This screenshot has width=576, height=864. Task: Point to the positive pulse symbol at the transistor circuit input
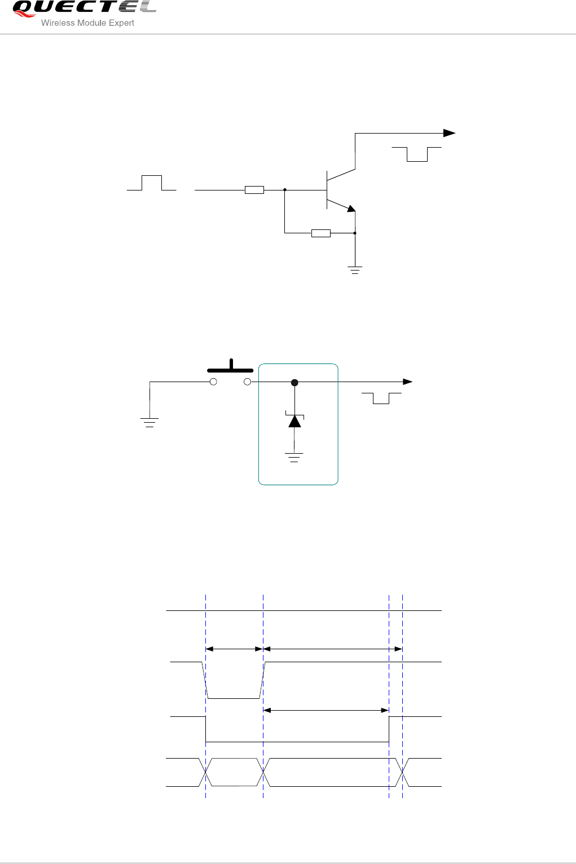[x=151, y=183]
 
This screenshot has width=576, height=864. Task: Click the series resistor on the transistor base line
[x=254, y=190]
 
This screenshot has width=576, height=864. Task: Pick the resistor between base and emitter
[x=320, y=233]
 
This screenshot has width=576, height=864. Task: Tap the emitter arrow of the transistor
[x=351, y=209]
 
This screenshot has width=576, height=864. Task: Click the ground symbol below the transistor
[x=355, y=270]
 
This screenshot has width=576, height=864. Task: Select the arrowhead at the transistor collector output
[x=449, y=133]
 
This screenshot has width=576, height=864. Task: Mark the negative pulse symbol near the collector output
[x=416, y=154]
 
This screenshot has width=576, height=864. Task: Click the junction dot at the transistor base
[x=285, y=190]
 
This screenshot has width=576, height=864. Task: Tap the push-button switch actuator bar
[x=230, y=370]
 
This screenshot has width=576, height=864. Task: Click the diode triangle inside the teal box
[x=294, y=421]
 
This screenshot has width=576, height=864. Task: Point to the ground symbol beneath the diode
[x=294, y=457]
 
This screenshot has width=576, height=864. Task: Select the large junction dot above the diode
[x=294, y=383]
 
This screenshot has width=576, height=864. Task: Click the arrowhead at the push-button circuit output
[x=408, y=382]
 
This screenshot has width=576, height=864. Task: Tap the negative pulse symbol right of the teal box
[x=381, y=398]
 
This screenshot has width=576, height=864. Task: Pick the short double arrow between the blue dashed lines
[x=235, y=649]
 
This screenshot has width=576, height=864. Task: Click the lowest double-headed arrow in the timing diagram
[x=326, y=710]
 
